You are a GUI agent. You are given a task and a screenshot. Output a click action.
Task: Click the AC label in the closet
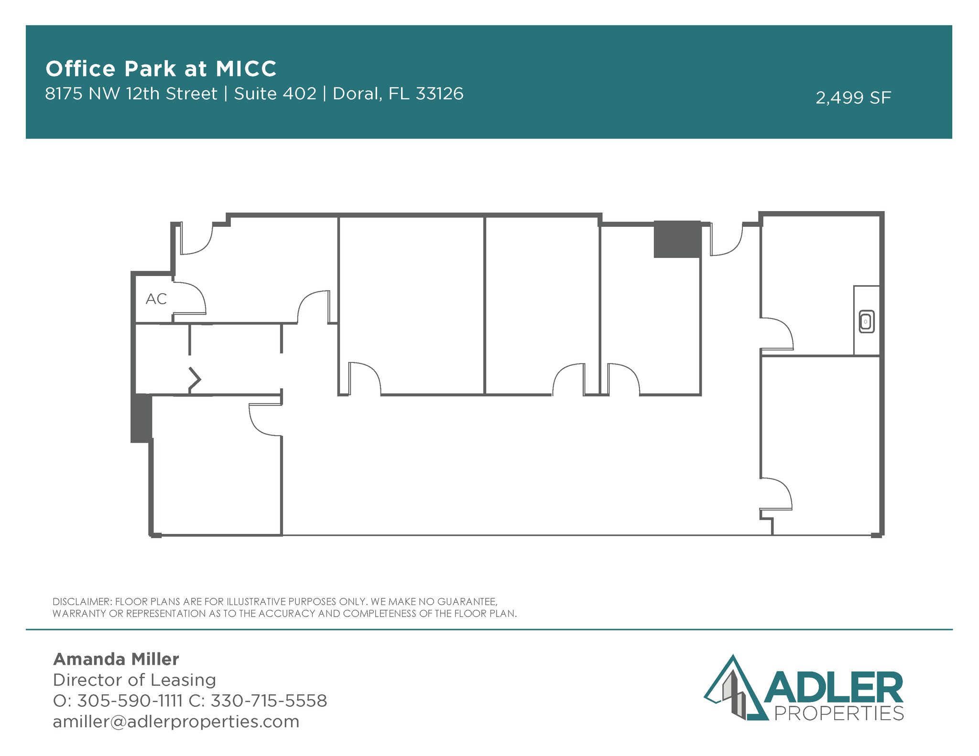coord(156,299)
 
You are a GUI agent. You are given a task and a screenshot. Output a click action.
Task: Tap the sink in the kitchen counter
coord(867,321)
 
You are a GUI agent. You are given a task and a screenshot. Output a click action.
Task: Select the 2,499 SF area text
coord(853,98)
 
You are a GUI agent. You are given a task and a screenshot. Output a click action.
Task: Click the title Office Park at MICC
coord(161,69)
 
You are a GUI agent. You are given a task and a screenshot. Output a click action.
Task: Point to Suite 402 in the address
coord(275,94)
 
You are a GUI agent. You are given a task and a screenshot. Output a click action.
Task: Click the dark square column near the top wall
coord(677,239)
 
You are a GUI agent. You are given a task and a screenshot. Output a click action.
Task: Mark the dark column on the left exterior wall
coord(141,418)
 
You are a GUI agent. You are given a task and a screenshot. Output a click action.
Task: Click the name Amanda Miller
coord(116,659)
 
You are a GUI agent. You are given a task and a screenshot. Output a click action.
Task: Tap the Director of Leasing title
coord(134,680)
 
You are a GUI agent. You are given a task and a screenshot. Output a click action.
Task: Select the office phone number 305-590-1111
coord(130,701)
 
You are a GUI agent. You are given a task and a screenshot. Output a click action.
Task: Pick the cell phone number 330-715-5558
coord(269,701)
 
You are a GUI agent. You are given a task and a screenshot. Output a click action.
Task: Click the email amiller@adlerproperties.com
coord(176,722)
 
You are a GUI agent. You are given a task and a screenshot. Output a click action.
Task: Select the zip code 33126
coord(439,94)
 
